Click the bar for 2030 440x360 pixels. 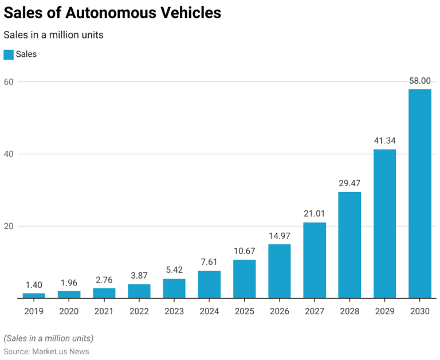click(419, 194)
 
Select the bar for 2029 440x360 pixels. click(384, 224)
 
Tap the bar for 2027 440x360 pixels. click(315, 260)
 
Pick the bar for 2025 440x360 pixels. click(245, 279)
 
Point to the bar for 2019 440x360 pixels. click(34, 295)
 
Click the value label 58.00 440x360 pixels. click(419, 81)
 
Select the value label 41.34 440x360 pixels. click(384, 140)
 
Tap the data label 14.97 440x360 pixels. click(280, 236)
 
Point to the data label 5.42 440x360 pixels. click(174, 270)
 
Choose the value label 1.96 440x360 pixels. click(69, 282)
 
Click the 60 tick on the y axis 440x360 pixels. click(9, 82)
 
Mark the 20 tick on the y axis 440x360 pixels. click(9, 226)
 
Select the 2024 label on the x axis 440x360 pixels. click(209, 311)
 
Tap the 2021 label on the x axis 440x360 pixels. click(104, 311)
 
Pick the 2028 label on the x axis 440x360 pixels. click(349, 311)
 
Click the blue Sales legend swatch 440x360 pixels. click(9, 54)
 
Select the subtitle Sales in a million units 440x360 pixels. click(53, 35)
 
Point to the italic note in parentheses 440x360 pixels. click(49, 338)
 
